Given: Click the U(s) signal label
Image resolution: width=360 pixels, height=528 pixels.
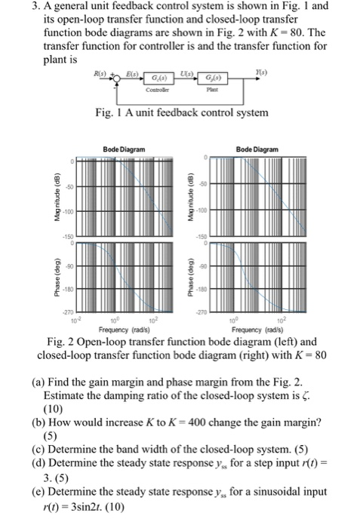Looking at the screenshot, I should (185, 73).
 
